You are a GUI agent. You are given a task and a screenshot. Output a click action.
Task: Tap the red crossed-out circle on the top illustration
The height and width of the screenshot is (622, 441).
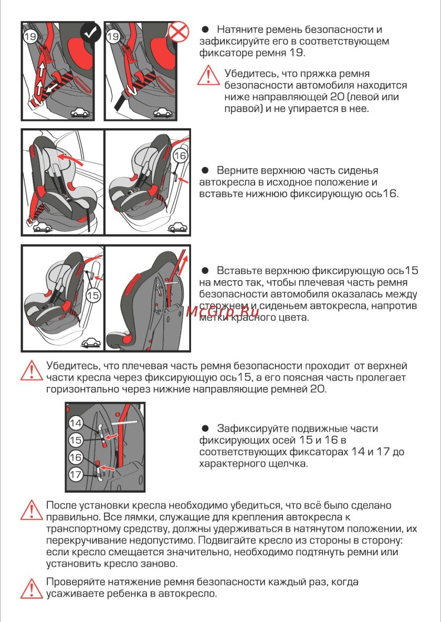[x=178, y=33]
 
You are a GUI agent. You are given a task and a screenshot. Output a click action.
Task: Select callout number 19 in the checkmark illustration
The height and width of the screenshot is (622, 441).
[x=30, y=36]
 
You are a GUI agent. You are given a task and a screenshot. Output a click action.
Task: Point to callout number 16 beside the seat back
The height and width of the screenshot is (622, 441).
[x=180, y=156]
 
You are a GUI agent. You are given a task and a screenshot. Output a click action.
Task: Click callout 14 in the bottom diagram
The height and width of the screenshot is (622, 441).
[x=76, y=423]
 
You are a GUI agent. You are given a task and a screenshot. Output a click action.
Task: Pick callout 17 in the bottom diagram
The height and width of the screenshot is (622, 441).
[x=76, y=474]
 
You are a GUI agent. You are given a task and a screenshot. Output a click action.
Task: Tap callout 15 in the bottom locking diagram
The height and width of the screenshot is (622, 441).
[x=76, y=440]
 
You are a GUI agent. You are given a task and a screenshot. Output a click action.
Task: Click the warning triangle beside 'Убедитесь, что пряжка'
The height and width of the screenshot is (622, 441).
[x=208, y=75]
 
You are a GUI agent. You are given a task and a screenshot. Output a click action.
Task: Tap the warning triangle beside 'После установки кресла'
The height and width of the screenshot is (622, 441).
[x=31, y=509]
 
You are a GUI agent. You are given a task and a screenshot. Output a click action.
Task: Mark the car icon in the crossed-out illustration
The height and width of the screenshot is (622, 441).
[x=162, y=112]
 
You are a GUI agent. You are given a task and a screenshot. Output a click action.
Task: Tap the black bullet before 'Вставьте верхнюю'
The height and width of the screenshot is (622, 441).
[x=206, y=271]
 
